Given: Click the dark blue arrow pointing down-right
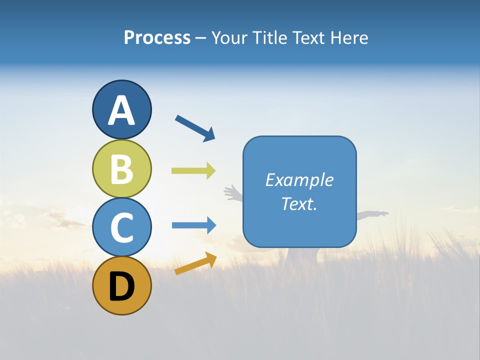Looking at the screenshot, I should coord(195,128).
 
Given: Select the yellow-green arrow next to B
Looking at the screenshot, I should coord(193,170).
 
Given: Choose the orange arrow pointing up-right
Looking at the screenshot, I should coord(195,263).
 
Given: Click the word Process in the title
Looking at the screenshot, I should coord(157,37).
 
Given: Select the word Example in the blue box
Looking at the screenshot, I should coord(299,180).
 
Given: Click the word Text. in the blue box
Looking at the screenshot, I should coord(299,203).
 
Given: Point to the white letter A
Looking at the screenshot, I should coord(121,110).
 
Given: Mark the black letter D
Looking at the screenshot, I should coord(121,286).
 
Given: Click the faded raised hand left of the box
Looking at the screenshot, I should coord(231,192).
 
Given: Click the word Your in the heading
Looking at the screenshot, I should coord(230,37).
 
